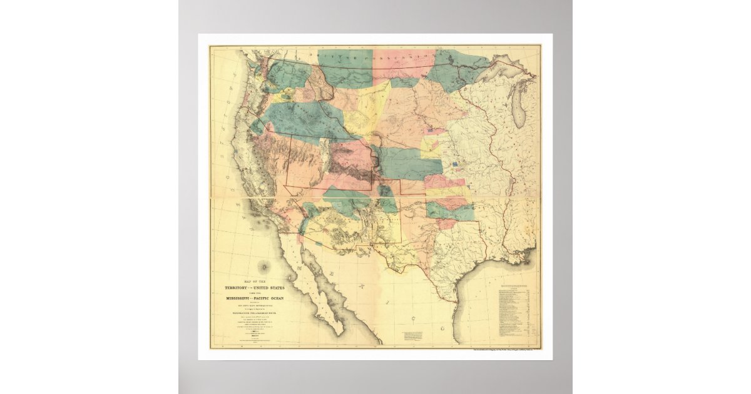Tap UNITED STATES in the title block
268,287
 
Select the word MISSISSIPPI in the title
240,299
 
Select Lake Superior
494,70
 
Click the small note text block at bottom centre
414,335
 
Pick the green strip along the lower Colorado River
304,228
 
